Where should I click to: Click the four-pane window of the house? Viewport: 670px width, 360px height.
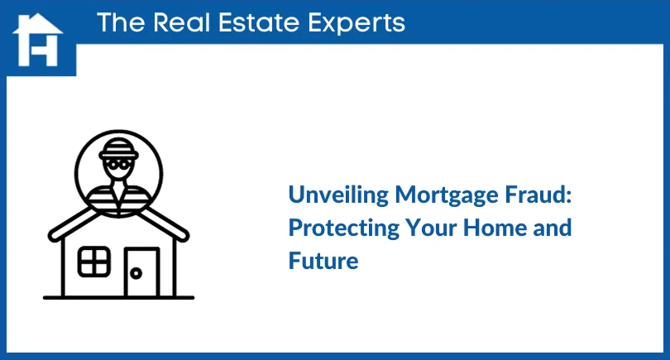(93, 262)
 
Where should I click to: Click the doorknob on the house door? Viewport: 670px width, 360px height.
(133, 272)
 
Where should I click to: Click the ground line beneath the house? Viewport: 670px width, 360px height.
(118, 296)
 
